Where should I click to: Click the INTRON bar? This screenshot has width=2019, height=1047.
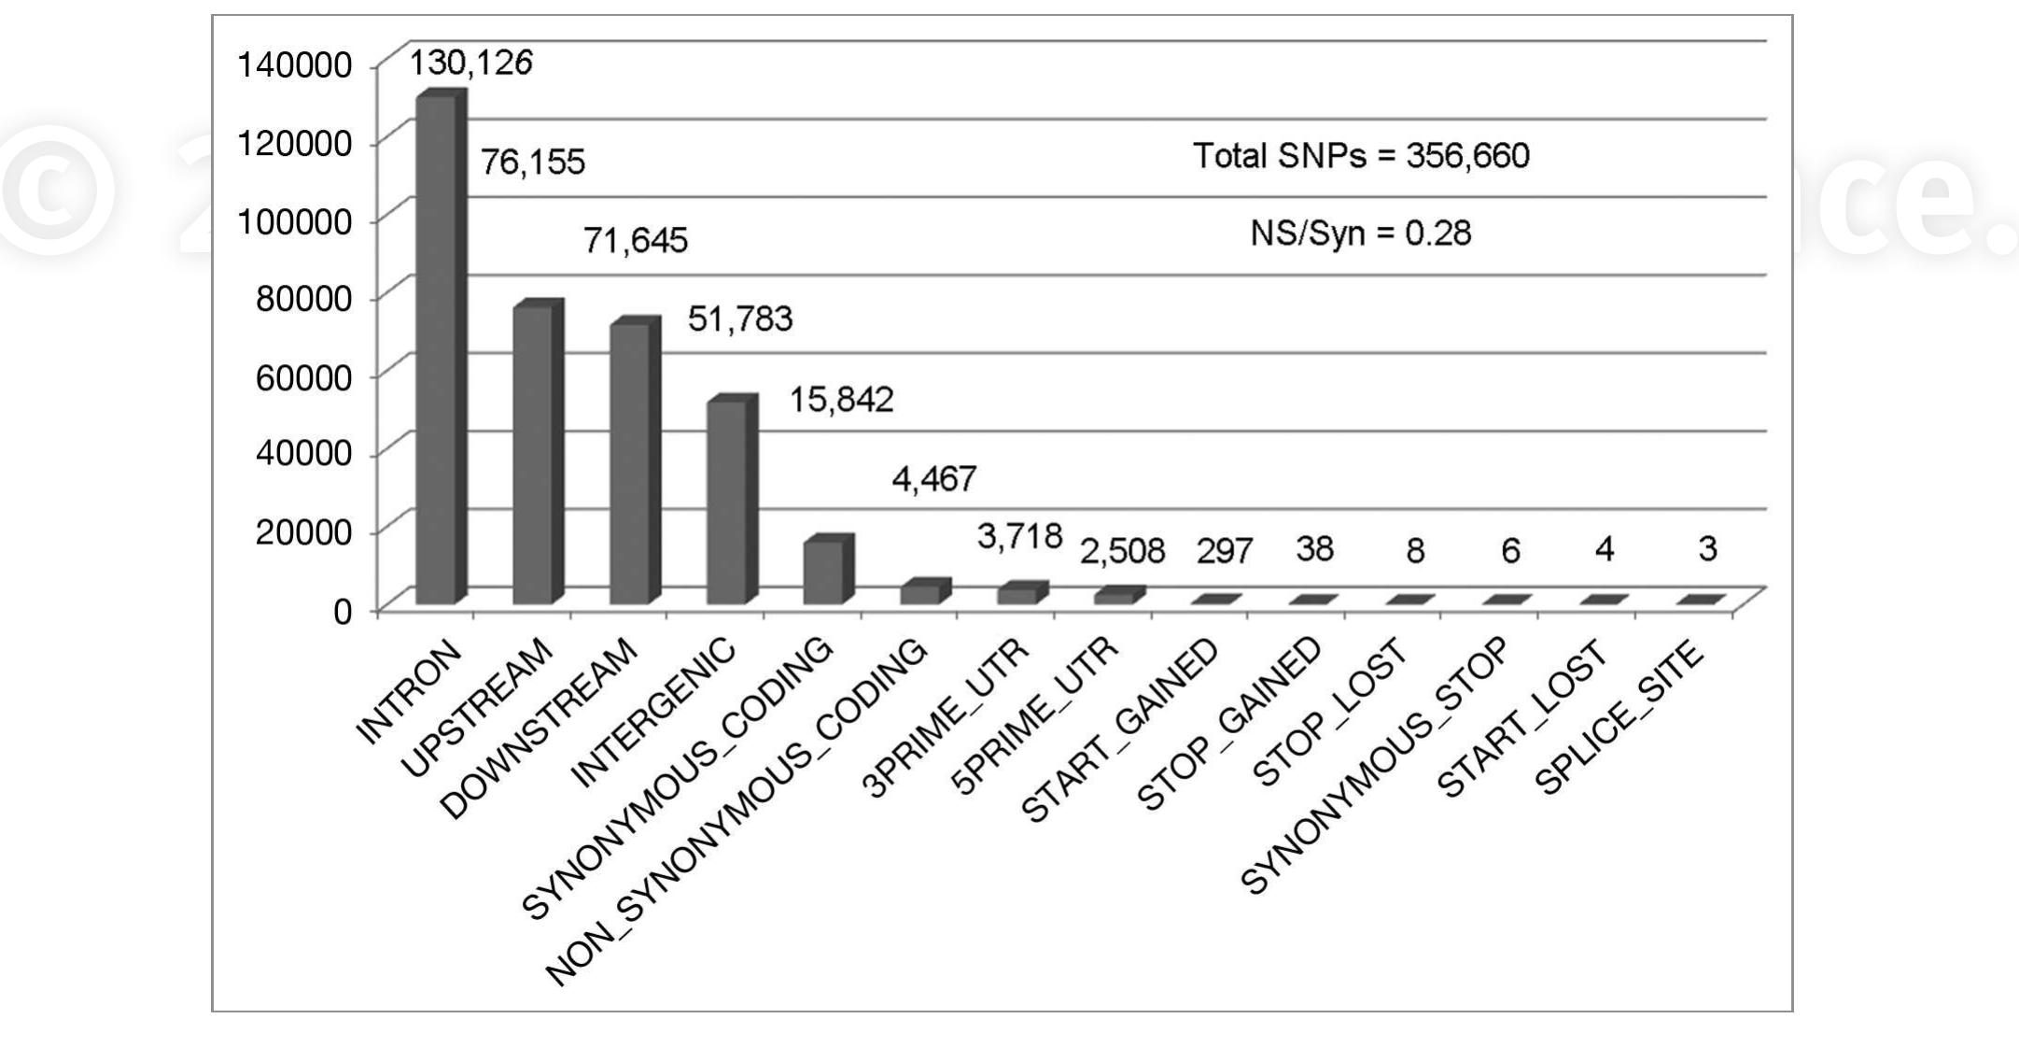click(437, 350)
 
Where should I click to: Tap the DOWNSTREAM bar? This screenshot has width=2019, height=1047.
click(631, 463)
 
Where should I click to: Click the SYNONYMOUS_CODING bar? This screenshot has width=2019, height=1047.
click(824, 571)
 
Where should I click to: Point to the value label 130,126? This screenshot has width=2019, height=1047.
click(471, 64)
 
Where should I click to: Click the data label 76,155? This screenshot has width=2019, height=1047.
click(532, 163)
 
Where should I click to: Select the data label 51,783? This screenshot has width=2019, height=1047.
click(739, 319)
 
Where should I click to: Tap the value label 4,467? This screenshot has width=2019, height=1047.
click(933, 479)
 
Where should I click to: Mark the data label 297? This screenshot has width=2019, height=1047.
click(1224, 552)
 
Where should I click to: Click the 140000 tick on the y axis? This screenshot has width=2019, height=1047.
click(294, 65)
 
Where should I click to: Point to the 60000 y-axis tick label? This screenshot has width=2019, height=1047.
click(303, 377)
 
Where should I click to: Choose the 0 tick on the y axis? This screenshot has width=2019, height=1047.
click(343, 612)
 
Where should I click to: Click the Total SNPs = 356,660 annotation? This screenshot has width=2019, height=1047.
click(1361, 156)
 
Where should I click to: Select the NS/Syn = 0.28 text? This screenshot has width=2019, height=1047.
click(1360, 233)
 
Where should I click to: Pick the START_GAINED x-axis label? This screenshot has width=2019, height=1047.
click(1121, 730)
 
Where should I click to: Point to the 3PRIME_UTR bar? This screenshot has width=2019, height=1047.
click(1018, 594)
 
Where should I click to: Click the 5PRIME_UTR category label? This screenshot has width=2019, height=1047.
click(1036, 715)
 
